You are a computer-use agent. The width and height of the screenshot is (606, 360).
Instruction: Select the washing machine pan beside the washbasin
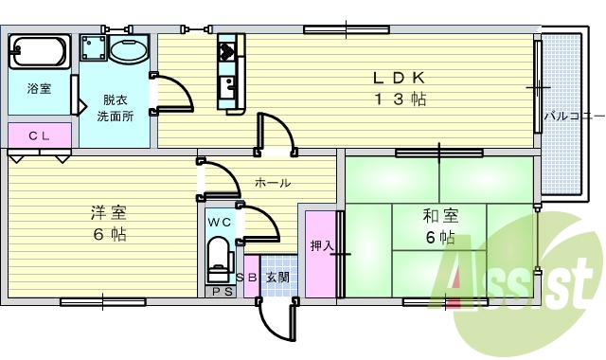pos(93,48)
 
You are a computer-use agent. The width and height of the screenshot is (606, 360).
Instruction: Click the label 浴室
pos(39,89)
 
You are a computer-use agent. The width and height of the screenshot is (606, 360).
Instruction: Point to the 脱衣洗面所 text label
pos(116,108)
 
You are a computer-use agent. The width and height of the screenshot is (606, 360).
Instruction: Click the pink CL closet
pos(39,135)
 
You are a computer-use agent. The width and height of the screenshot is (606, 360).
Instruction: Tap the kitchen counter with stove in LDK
pos(230,70)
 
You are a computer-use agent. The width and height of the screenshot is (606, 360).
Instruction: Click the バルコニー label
pos(574,117)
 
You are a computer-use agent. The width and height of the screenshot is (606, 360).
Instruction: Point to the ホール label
pos(272,182)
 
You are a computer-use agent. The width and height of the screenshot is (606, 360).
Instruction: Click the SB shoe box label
pos(246,278)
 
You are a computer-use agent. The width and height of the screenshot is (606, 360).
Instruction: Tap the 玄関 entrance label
pos(277,278)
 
